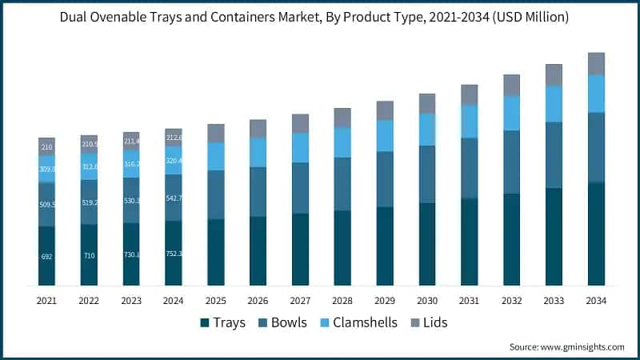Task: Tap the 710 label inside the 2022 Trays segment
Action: tap(89, 255)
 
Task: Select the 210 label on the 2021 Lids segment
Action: tap(46, 147)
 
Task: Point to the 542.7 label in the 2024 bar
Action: tap(174, 198)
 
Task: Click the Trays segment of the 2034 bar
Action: tap(596, 234)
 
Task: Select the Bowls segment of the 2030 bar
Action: tap(427, 174)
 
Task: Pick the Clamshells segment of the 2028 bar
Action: tap(342, 142)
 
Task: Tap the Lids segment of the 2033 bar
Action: tap(554, 75)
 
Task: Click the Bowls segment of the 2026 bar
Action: tap(258, 191)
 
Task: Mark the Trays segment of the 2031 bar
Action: tap(470, 242)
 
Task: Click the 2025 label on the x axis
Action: tap(215, 300)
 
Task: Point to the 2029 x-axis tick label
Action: tap(385, 300)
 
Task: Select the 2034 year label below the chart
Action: tap(596, 300)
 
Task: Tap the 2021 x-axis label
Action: tap(46, 300)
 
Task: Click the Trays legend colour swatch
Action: tap(205, 322)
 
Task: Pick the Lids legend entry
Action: tap(429, 322)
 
